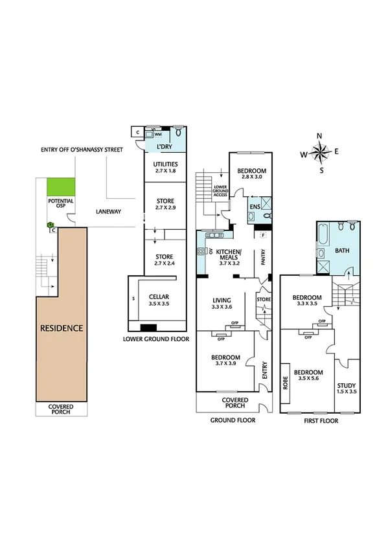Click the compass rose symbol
(x=320, y=153)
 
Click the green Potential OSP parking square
(x=61, y=187)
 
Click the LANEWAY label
(x=108, y=211)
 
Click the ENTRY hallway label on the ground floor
(x=264, y=370)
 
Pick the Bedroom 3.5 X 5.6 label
(x=309, y=376)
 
